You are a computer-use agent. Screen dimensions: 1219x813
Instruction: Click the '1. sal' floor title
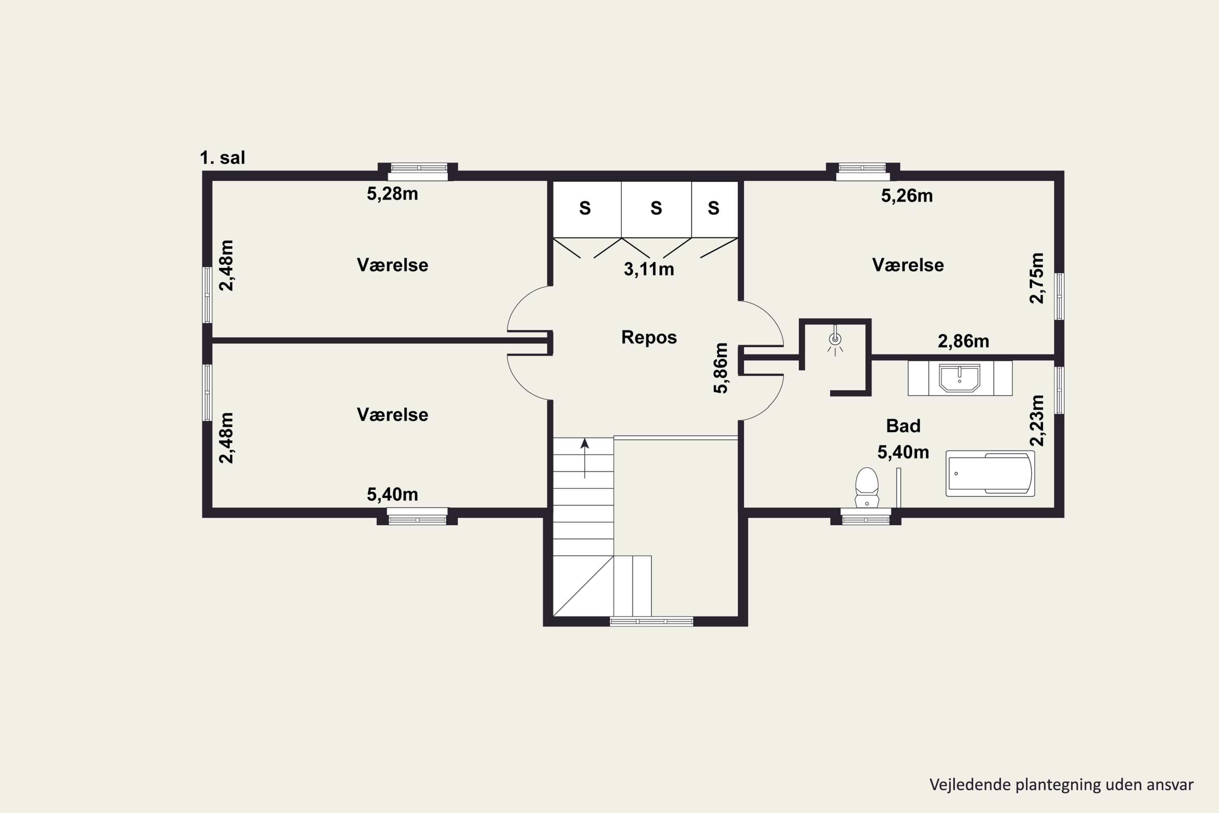(222, 158)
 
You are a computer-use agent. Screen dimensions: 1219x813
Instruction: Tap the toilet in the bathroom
(867, 487)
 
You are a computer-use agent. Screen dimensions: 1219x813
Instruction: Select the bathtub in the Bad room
(990, 474)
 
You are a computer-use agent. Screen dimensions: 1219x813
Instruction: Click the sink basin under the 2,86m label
(960, 378)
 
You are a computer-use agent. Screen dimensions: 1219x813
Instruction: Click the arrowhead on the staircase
(585, 443)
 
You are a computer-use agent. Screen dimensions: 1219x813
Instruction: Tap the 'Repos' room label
(649, 337)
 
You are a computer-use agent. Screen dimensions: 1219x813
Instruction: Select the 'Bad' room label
(903, 426)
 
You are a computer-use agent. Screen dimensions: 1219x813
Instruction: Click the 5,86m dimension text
(720, 368)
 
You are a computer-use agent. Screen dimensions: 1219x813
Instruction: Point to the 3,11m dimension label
(649, 269)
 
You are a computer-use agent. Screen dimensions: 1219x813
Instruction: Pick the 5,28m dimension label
(393, 194)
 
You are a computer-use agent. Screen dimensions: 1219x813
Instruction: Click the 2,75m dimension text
(1037, 278)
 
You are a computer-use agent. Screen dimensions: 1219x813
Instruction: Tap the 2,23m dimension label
(1037, 420)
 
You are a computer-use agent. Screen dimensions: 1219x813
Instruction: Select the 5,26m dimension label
(907, 196)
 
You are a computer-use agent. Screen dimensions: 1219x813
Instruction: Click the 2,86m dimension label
(963, 341)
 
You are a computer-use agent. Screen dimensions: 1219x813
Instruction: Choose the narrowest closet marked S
(715, 209)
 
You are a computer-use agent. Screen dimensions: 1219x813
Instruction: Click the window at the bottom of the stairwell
(651, 621)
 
